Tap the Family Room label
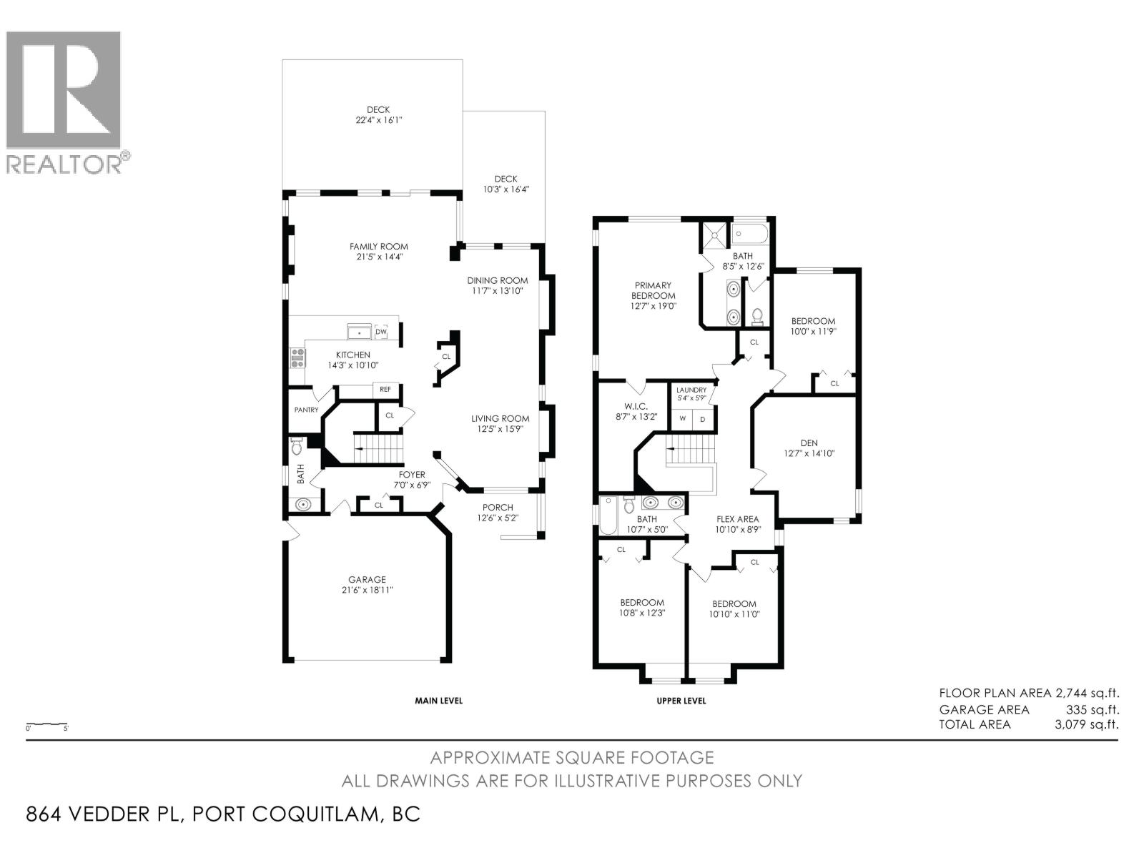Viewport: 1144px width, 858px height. pos(378,247)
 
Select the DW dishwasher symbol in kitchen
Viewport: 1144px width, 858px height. pos(381,332)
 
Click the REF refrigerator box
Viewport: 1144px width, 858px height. pos(385,390)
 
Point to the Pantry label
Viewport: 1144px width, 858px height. pos(306,410)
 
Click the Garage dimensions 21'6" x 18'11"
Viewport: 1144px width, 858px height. pos(367,590)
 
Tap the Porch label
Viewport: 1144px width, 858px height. pos(498,508)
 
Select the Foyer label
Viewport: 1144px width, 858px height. pos(412,474)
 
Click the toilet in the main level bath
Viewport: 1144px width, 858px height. pos(297,448)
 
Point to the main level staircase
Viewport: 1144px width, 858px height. pos(379,448)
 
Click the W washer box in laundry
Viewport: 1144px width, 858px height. pos(682,419)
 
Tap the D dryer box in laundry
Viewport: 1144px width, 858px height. pos(702,419)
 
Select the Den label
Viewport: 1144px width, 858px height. pos(809,443)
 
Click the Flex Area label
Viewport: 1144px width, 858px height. pos(737,519)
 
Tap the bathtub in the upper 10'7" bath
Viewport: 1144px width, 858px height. pos(608,516)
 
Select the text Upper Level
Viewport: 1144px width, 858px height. pos(681,701)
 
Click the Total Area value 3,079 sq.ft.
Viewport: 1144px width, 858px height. pos(1086,724)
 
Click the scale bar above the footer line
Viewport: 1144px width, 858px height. pos(46,724)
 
